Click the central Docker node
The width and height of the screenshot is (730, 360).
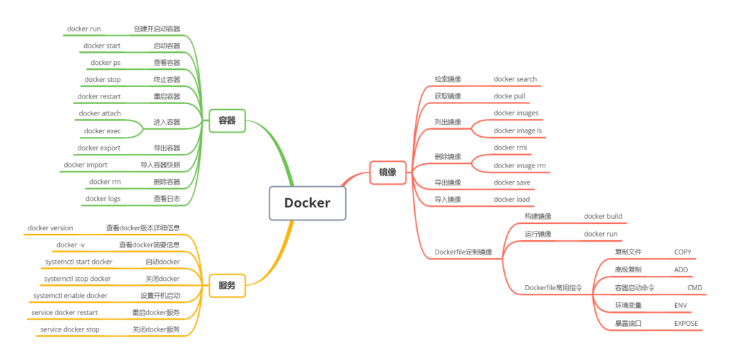(x=307, y=202)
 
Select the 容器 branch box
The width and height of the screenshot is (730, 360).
(x=227, y=121)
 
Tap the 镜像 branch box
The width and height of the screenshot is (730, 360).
(x=387, y=172)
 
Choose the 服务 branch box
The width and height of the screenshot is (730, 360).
(x=227, y=286)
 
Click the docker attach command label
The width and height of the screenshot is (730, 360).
(x=100, y=113)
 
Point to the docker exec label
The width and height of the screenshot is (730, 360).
(x=102, y=131)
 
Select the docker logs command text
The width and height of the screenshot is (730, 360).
(x=103, y=199)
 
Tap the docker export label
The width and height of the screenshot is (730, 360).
(x=99, y=148)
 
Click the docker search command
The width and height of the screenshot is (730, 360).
(x=515, y=79)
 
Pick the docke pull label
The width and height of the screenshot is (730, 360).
(x=509, y=96)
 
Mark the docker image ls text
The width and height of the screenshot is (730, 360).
(x=518, y=131)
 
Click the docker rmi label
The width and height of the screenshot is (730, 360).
(x=510, y=148)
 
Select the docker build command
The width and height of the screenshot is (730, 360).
(x=603, y=217)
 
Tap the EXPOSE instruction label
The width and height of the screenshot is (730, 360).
(x=687, y=324)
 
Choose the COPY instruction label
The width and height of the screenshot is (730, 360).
(x=683, y=252)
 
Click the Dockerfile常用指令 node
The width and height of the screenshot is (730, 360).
(x=553, y=288)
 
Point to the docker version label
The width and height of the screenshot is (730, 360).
(x=50, y=228)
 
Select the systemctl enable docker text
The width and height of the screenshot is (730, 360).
(x=71, y=296)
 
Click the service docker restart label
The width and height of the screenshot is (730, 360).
(x=65, y=312)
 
